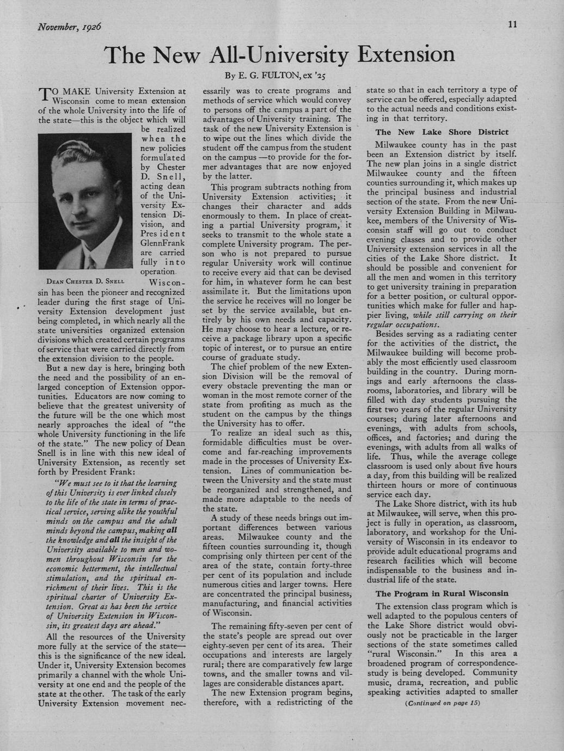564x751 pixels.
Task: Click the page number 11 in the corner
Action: tap(512, 24)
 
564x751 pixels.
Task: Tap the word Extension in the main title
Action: tap(406, 55)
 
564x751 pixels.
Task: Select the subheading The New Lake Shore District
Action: tap(442, 132)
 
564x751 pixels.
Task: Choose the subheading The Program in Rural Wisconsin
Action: tap(442, 593)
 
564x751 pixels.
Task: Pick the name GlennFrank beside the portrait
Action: tap(163, 243)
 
